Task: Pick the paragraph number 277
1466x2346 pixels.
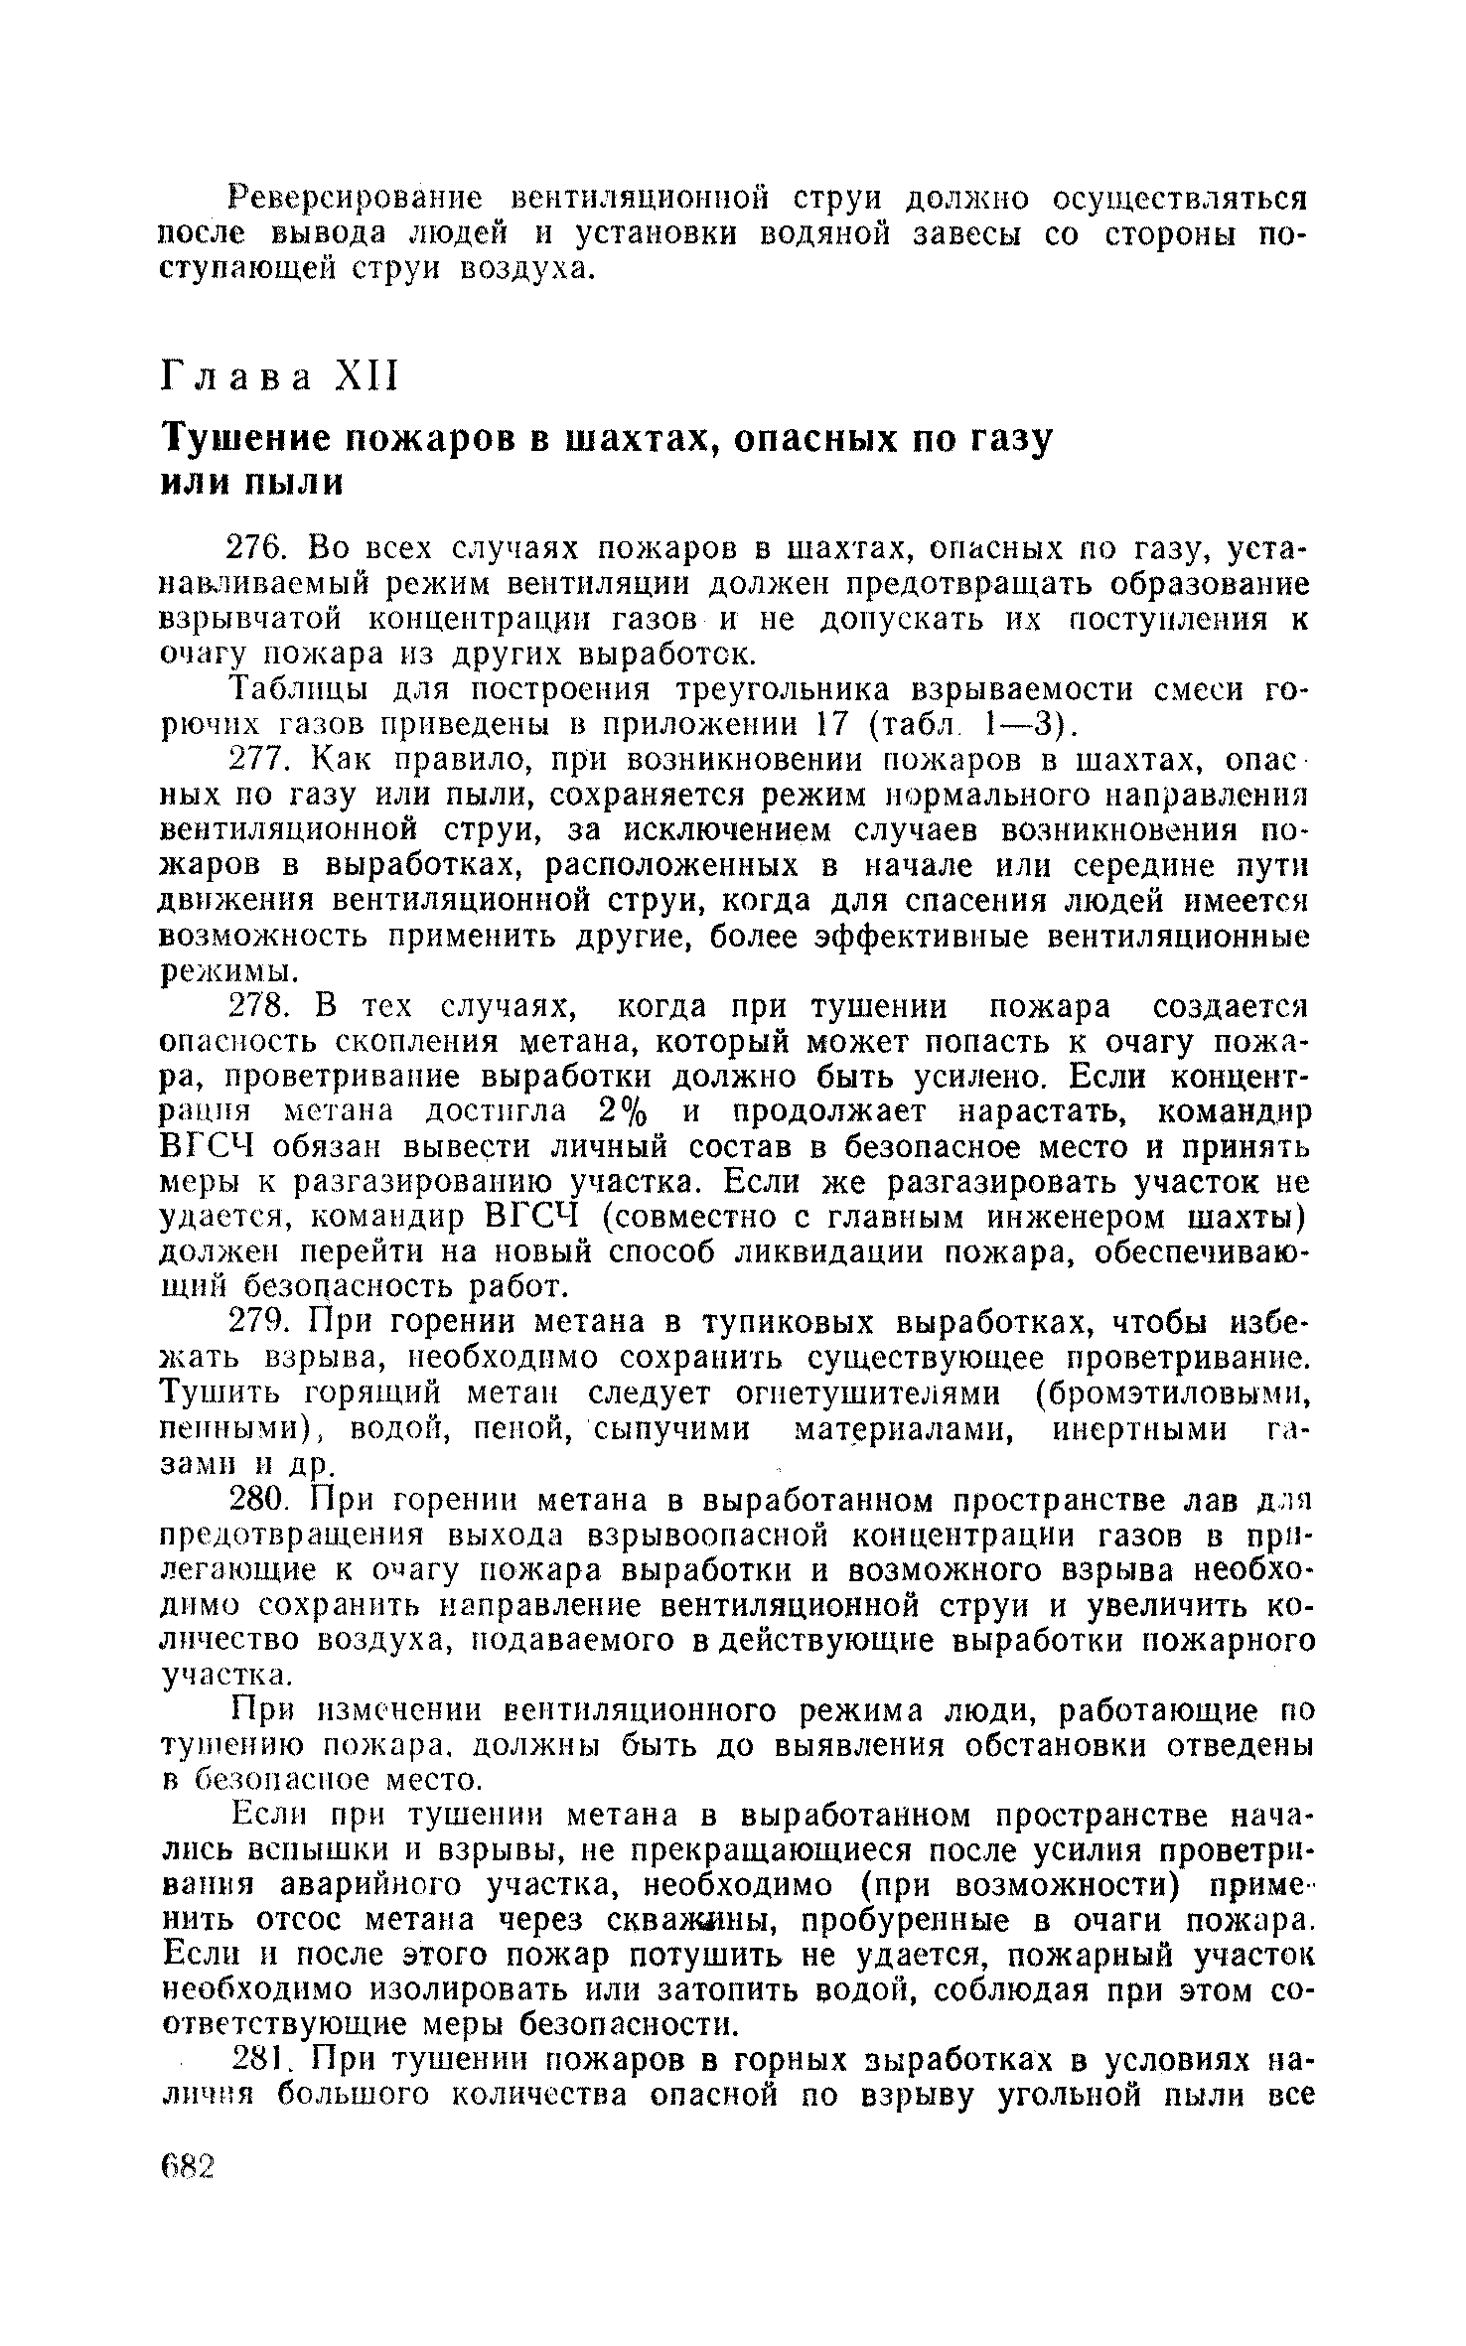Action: pyautogui.click(x=258, y=762)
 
